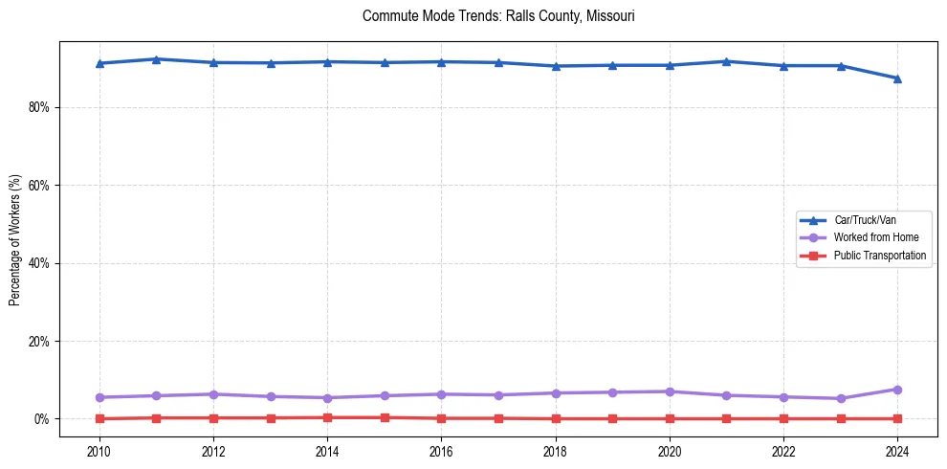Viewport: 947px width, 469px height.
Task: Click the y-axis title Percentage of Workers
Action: (x=14, y=240)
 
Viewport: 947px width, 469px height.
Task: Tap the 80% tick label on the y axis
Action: (x=38, y=107)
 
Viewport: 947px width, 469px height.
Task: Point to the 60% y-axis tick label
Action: (x=38, y=185)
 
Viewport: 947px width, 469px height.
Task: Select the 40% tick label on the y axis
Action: (x=38, y=263)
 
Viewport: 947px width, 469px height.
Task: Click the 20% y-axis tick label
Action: (x=38, y=341)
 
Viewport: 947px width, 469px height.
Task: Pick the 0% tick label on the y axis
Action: (x=42, y=419)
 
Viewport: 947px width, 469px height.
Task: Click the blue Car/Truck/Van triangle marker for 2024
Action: (x=897, y=78)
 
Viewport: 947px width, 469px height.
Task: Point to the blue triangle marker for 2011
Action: (x=156, y=59)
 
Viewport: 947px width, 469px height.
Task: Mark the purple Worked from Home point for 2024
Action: (x=897, y=390)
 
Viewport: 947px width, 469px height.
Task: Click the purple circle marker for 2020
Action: (x=670, y=391)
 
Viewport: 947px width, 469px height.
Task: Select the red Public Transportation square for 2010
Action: (x=99, y=418)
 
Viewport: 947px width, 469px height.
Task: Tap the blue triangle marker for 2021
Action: (x=726, y=61)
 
